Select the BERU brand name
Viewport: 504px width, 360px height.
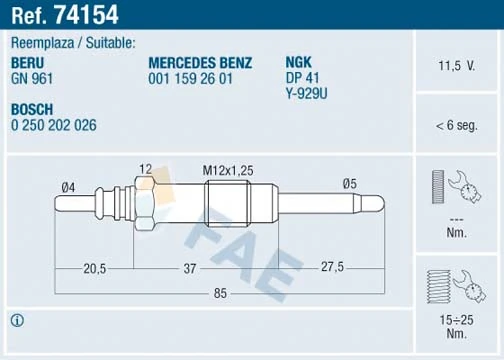(x=27, y=62)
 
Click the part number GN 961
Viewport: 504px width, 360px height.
(x=32, y=76)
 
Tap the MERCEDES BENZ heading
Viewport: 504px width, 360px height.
(x=199, y=62)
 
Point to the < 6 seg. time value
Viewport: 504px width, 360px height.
(x=455, y=125)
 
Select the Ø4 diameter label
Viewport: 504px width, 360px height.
(x=68, y=186)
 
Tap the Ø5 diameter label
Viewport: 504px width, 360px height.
(x=350, y=183)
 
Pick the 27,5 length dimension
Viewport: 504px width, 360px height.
(x=331, y=268)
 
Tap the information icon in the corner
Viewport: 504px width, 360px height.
(x=17, y=321)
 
